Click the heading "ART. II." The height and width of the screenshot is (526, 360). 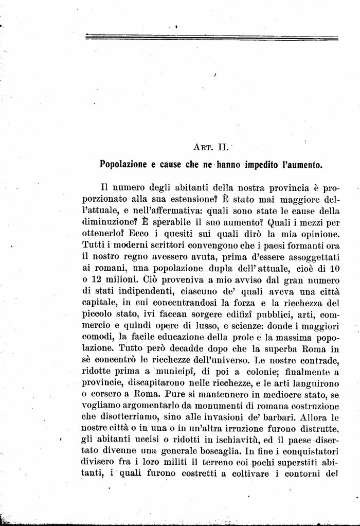coord(207,147)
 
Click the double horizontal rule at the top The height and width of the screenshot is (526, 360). coord(211,37)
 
